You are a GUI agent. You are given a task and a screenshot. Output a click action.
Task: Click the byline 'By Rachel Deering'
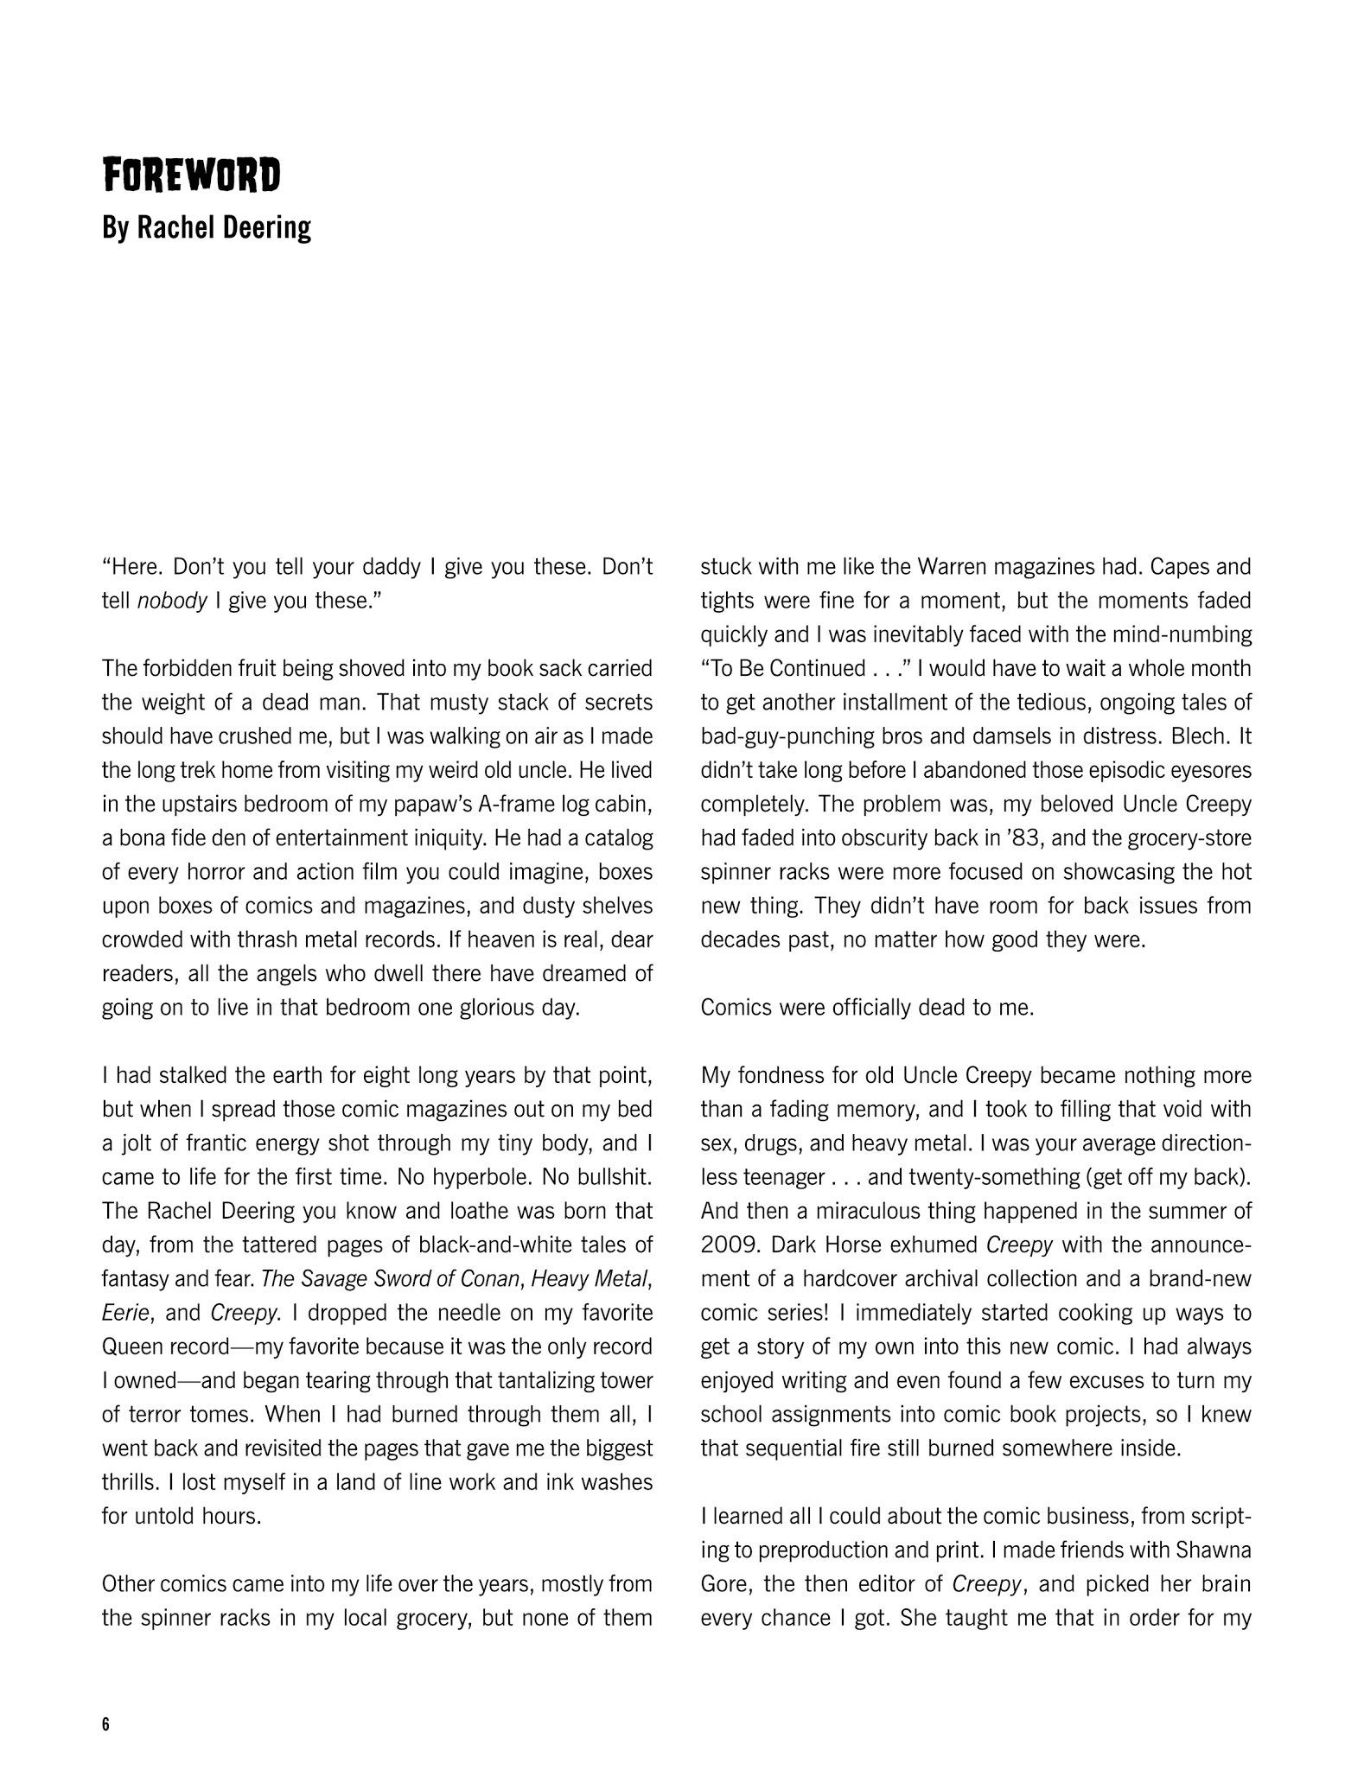click(x=207, y=228)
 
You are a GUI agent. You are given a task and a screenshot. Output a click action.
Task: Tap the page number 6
click(x=105, y=1725)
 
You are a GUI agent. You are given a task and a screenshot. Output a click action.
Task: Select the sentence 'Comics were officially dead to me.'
click(x=867, y=1008)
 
